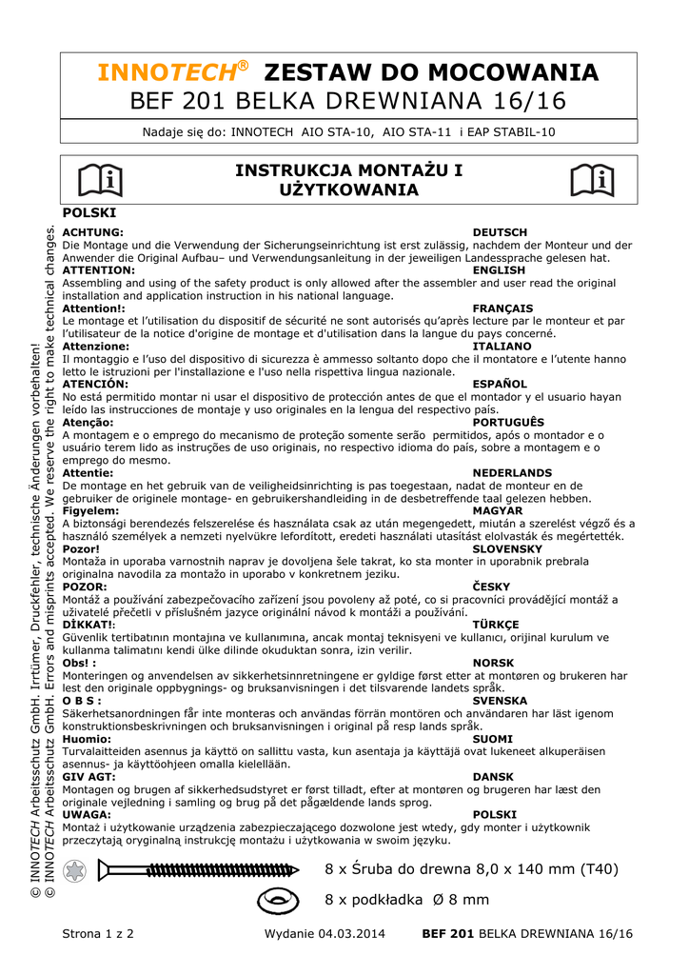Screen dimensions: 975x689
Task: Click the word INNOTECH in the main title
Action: click(x=171, y=72)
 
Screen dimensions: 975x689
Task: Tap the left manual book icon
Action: click(x=100, y=180)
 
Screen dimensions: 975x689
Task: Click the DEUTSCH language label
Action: click(x=500, y=232)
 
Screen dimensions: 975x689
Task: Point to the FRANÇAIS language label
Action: click(x=502, y=308)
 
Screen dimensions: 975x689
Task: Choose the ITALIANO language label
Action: click(x=502, y=347)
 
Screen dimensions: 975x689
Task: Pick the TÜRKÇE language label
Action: click(x=496, y=625)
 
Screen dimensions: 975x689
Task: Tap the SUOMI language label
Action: click(x=492, y=739)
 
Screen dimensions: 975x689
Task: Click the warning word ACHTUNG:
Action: click(x=92, y=232)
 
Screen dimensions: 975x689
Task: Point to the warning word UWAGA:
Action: click(x=86, y=815)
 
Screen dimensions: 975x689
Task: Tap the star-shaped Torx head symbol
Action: click(x=74, y=869)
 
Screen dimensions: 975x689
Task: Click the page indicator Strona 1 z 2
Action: click(x=98, y=934)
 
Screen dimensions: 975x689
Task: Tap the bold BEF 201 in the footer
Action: click(x=447, y=934)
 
